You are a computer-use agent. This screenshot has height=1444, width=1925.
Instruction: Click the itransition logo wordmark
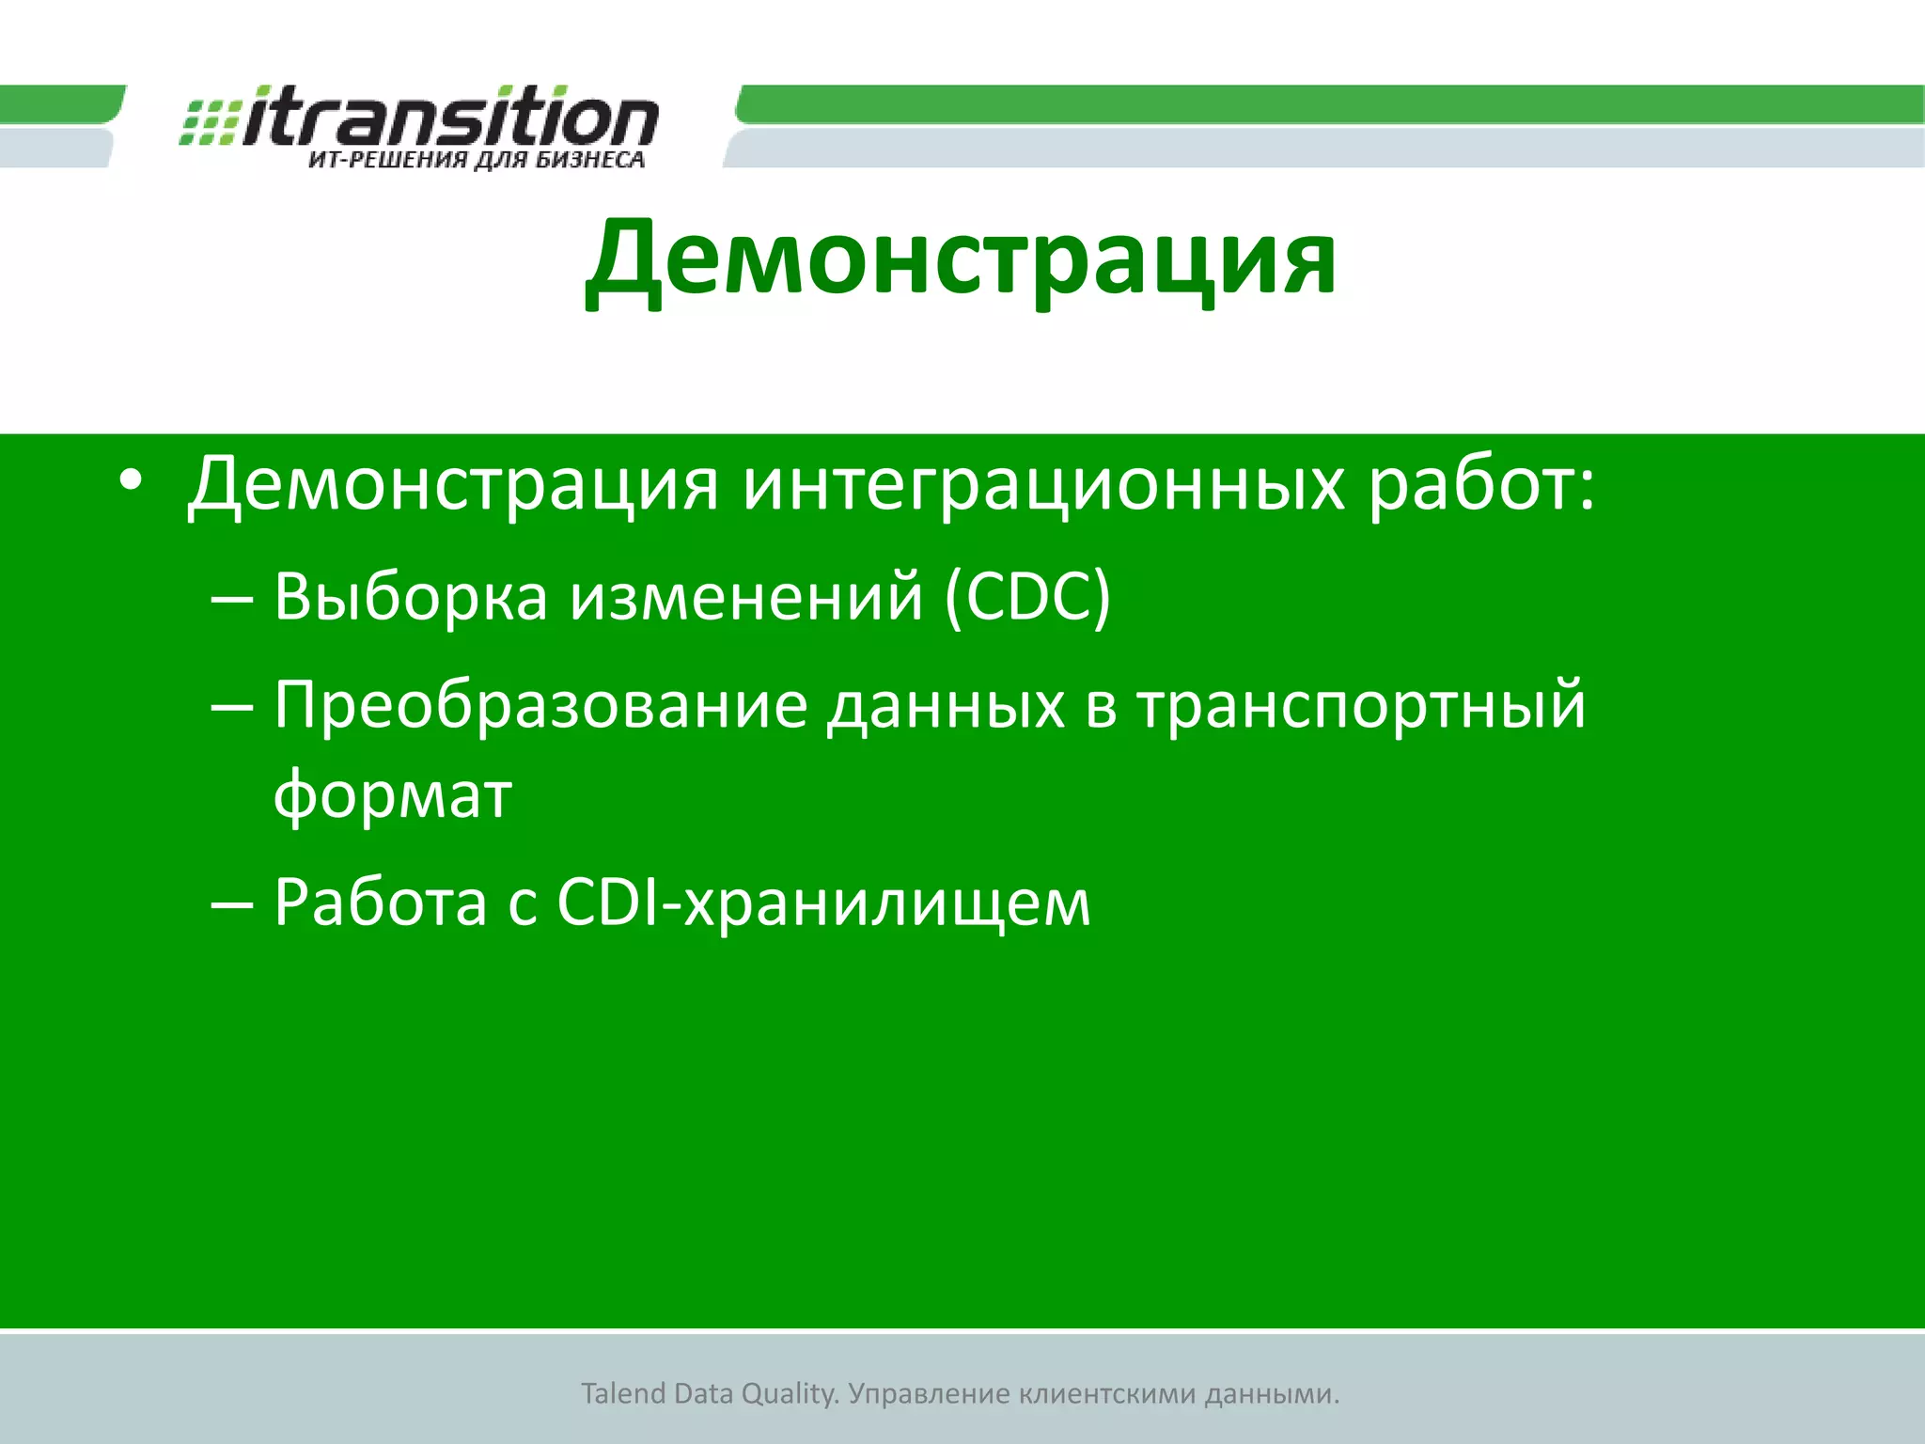click(x=449, y=118)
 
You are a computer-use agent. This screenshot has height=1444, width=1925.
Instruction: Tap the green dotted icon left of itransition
click(x=209, y=123)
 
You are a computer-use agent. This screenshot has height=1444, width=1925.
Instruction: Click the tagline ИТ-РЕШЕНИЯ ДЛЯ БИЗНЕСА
click(x=477, y=160)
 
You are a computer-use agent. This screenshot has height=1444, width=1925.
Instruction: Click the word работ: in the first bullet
click(x=1481, y=485)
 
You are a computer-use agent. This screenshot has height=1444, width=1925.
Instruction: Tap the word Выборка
click(x=411, y=597)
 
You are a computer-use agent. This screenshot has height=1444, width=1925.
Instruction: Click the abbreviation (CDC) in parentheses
click(x=1027, y=598)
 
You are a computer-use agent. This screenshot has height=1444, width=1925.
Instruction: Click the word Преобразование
click(x=540, y=705)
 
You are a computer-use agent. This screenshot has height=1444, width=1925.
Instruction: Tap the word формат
click(x=392, y=795)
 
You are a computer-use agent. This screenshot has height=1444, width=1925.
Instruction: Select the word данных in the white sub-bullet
click(x=946, y=706)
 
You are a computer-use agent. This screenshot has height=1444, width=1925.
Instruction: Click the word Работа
click(x=380, y=902)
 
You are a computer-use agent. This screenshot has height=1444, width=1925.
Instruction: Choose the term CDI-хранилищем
click(x=823, y=902)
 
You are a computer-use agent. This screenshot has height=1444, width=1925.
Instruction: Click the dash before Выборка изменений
click(x=232, y=599)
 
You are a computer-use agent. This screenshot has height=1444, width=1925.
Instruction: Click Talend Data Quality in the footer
click(x=710, y=1393)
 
